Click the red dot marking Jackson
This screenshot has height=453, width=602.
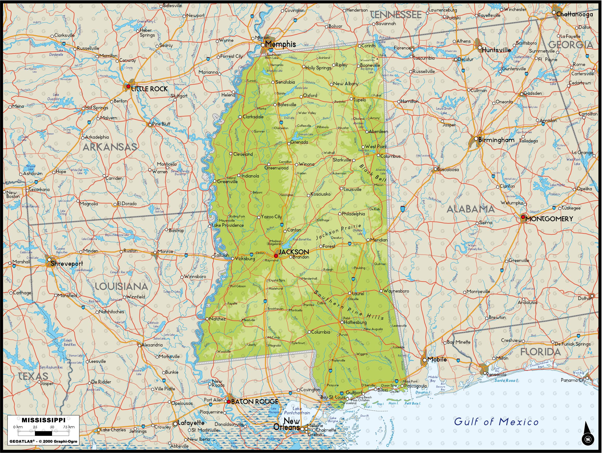[276, 256]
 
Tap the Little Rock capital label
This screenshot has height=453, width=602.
[149, 89]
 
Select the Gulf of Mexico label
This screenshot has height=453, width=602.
[496, 422]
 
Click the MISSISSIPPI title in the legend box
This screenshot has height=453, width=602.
[43, 420]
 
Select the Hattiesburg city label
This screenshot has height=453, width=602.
[355, 322]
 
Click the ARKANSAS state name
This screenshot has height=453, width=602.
[109, 147]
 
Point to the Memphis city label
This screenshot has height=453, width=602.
[280, 44]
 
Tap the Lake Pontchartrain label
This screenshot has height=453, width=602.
[297, 411]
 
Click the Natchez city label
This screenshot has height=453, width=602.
[217, 319]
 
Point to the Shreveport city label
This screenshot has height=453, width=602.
[67, 263]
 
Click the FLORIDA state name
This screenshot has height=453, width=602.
[540, 352]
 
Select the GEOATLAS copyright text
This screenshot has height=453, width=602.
[43, 441]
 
